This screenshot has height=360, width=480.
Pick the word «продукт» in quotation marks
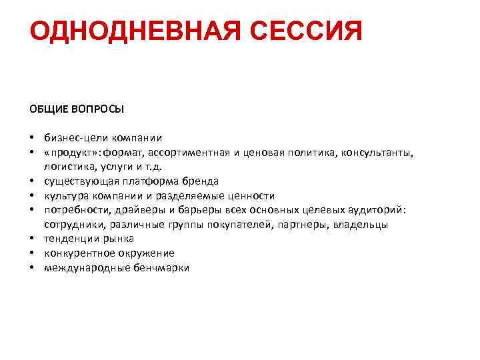pos(70,153)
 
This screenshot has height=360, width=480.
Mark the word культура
pos(65,195)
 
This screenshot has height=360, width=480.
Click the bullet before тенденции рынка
pos(32,239)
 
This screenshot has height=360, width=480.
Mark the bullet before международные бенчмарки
pos(32,268)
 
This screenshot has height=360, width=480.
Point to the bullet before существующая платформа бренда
pos(32,181)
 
